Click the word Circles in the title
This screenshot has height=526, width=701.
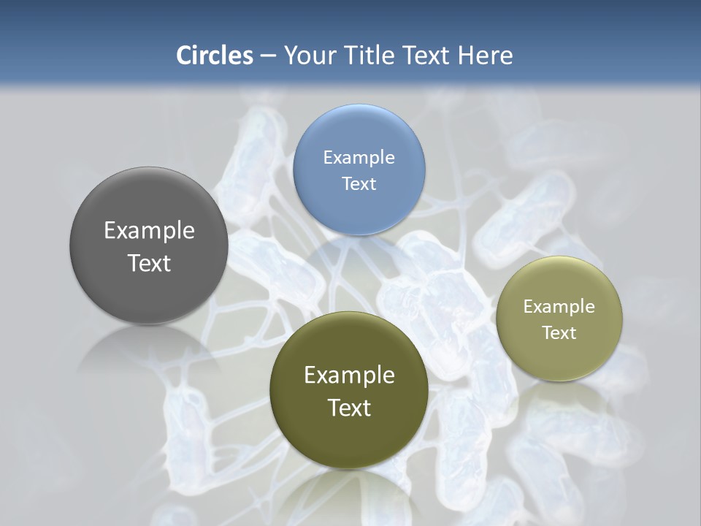tap(215, 56)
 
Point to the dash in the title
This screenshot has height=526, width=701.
tap(268, 56)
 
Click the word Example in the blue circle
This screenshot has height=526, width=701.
tap(359, 157)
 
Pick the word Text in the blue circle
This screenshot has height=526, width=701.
tap(359, 183)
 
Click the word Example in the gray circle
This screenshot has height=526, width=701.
tap(149, 230)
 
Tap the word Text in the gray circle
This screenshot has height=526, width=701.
tap(149, 263)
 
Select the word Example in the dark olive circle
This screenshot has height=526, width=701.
tap(349, 375)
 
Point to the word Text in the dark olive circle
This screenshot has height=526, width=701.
tap(349, 408)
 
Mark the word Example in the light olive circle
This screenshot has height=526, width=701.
tap(559, 306)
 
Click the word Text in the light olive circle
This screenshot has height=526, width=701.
tap(559, 332)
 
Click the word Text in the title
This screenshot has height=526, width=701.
tap(428, 56)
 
